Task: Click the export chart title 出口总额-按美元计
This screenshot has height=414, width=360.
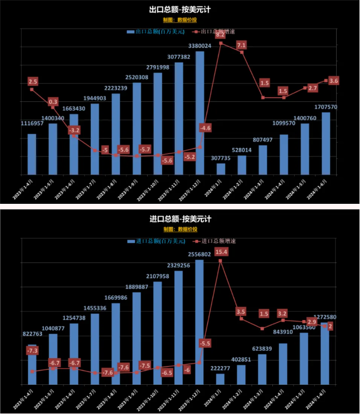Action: point(179,10)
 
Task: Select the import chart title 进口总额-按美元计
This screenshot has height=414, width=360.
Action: point(179,219)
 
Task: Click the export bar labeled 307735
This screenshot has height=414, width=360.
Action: point(221,169)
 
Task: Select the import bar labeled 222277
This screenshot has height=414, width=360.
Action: point(221,379)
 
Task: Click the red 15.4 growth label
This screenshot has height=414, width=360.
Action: point(221,251)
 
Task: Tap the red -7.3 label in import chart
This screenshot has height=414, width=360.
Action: point(32,351)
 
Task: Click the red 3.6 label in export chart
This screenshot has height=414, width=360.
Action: point(333,81)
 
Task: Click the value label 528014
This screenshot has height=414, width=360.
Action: point(242,150)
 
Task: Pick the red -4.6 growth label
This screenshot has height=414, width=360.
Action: point(205,128)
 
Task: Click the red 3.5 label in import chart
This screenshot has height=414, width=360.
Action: point(241,312)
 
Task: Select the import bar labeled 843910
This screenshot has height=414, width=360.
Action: point(284,364)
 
